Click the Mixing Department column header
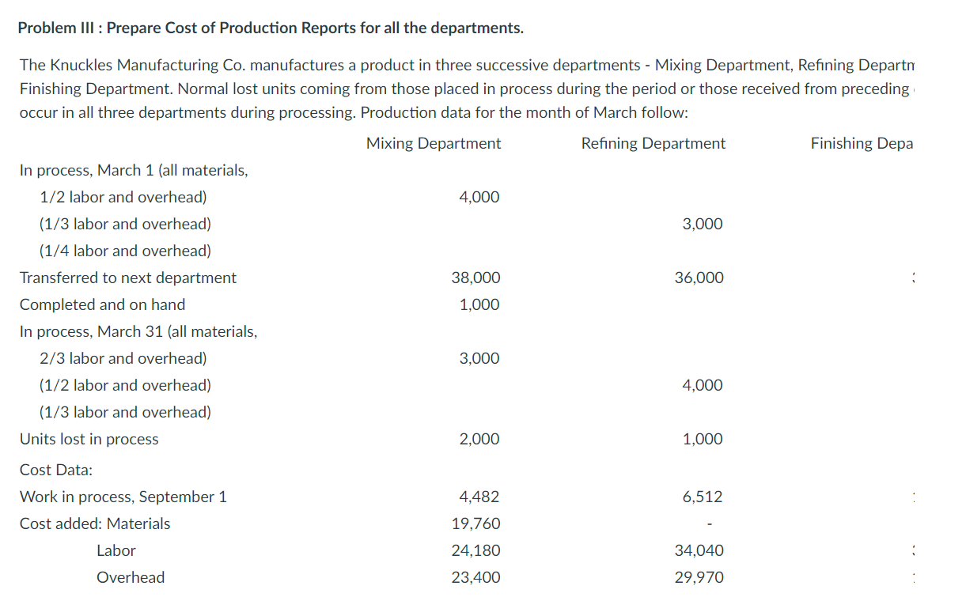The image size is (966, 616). pos(434,143)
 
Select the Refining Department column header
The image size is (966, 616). pos(653,143)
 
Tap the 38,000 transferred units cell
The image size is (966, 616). pos(475,278)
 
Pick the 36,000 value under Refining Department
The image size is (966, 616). pos(699,278)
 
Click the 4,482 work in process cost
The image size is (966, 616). pos(479,497)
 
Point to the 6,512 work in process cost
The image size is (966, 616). pos(703,497)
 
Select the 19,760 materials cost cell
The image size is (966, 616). pos(475,523)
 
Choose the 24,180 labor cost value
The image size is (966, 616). pos(475,550)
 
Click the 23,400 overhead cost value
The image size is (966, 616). pos(475,577)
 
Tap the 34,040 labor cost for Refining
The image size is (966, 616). pos(699,550)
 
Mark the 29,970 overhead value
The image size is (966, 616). pos(699,577)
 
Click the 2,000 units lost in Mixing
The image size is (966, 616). pos(479,439)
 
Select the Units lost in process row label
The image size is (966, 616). pos(89,439)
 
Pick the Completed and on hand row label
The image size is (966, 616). pos(102,304)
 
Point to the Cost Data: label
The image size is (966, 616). pos(55,470)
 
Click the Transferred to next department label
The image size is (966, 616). pos(127,278)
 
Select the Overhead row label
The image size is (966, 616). pos(131,577)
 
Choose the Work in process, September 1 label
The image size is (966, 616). pos(123,497)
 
